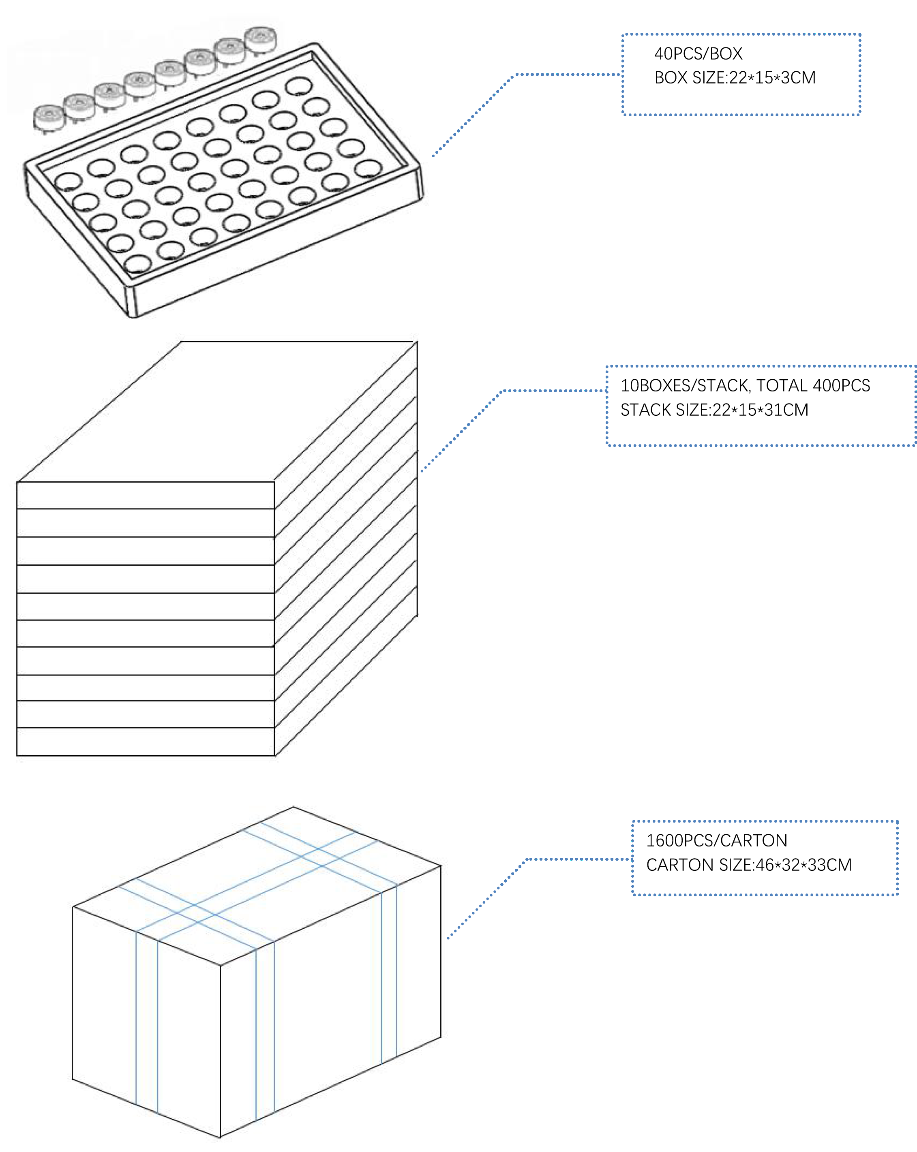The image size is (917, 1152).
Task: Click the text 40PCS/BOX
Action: click(698, 53)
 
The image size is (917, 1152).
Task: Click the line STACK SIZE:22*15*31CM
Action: click(714, 410)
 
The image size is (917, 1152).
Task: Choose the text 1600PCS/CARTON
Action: click(716, 840)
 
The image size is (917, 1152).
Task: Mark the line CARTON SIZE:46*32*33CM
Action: click(749, 865)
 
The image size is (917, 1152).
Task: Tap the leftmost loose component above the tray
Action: click(49, 116)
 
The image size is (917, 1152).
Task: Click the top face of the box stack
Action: click(214, 411)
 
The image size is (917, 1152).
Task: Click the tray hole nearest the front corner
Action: click(137, 264)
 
